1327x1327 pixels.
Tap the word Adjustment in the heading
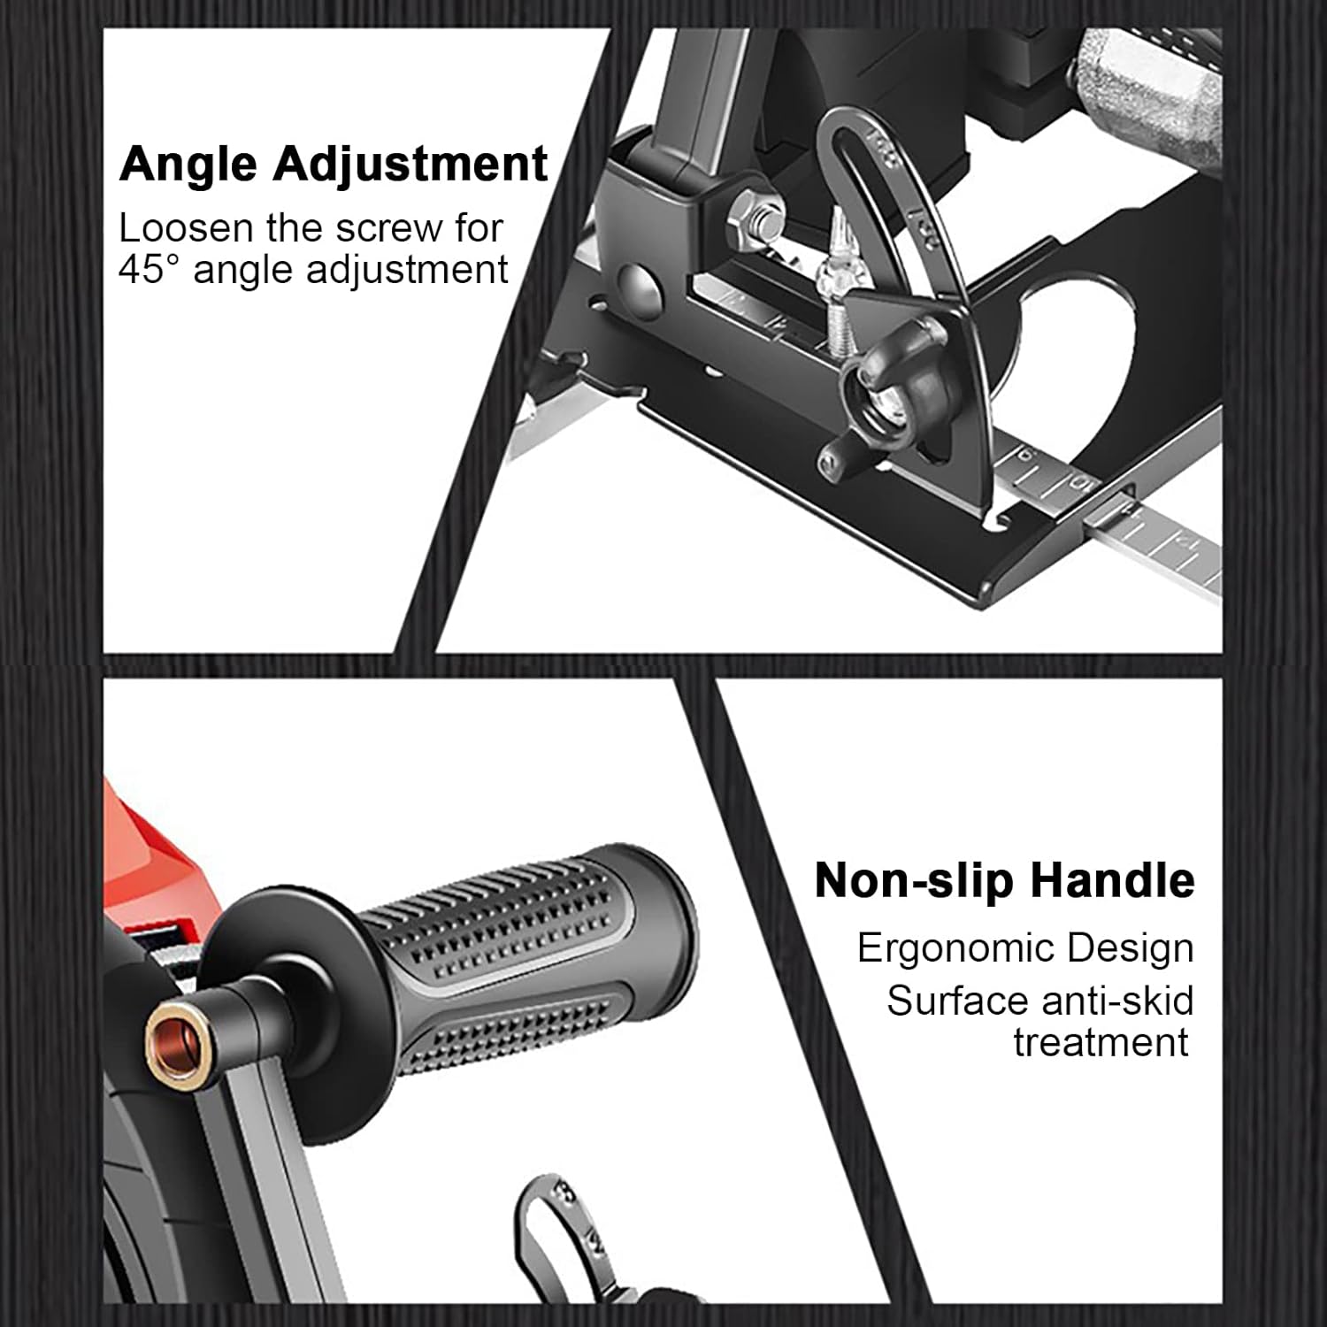click(x=410, y=165)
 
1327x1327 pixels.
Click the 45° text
click(x=149, y=269)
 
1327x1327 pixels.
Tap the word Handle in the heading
click(x=1112, y=880)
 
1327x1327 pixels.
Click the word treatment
click(x=1101, y=1042)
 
